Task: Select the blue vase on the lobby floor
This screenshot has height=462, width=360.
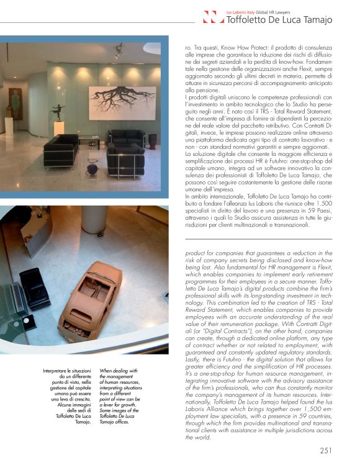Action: [x=93, y=166]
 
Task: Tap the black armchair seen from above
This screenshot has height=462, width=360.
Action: [x=34, y=289]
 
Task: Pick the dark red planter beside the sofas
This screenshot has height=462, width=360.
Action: [x=153, y=141]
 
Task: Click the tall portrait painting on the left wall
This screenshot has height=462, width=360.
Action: [x=15, y=102]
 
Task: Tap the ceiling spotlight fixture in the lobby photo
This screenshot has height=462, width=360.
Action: [x=118, y=53]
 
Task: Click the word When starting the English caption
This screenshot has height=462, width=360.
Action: [x=107, y=371]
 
